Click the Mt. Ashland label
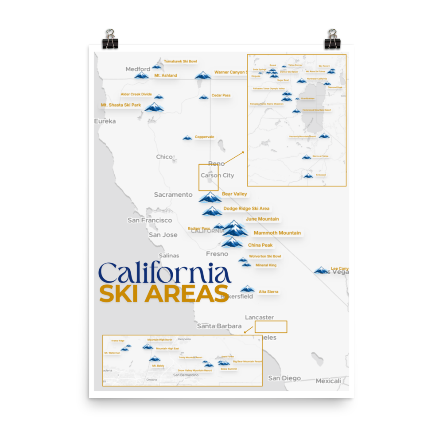(165, 76)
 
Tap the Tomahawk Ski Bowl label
(180, 61)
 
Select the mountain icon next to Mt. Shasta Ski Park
(154, 107)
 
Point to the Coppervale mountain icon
(187, 138)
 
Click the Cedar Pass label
(221, 95)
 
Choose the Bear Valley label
(234, 194)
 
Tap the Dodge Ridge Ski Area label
(246, 209)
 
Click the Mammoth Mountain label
(277, 233)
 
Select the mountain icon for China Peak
(231, 242)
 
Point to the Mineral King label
(266, 265)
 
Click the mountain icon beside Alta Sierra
(248, 289)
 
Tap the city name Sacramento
(173, 194)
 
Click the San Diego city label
(284, 378)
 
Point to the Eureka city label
(105, 121)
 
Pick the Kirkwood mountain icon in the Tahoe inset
(308, 176)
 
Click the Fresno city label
(217, 254)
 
